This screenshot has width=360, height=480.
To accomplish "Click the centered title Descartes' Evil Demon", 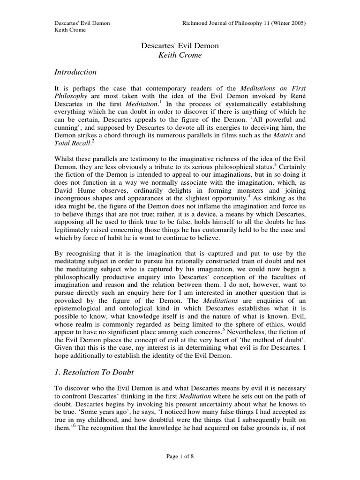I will (180, 46).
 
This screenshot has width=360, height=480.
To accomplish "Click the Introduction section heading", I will (75, 72).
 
